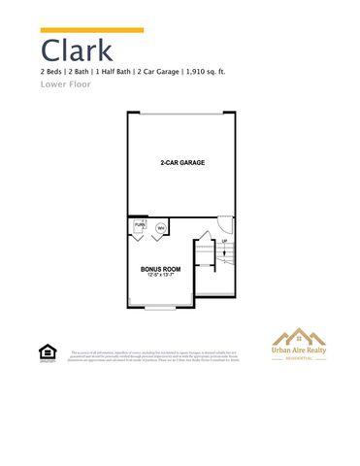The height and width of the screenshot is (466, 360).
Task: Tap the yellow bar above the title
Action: point(92,30)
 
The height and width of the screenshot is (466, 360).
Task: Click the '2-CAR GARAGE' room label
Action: point(181,162)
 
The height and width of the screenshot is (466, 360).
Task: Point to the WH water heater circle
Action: point(160,229)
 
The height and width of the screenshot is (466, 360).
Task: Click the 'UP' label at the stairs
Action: point(224,242)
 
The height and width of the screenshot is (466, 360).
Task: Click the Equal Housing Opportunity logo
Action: point(45,352)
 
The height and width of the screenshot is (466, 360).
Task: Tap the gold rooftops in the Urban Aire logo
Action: point(297,336)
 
